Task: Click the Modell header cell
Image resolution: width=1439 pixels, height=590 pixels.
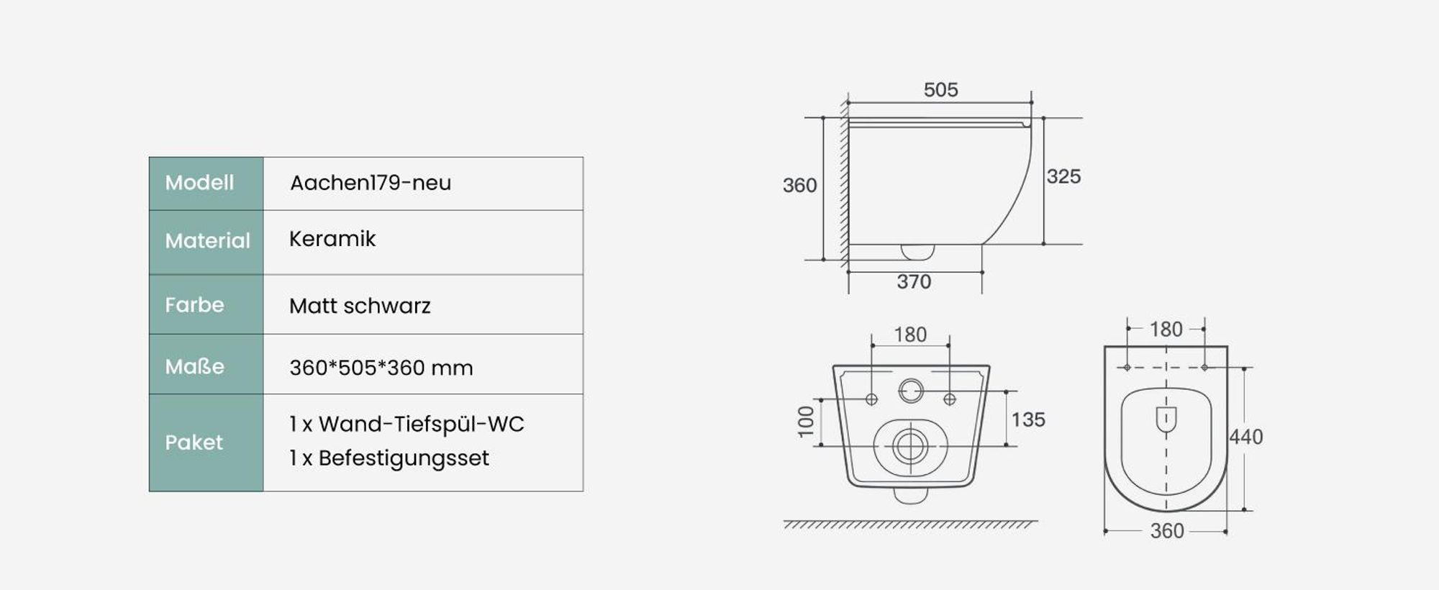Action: click(x=206, y=183)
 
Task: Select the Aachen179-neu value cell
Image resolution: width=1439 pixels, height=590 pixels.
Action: click(x=423, y=183)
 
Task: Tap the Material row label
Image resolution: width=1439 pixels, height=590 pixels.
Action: click(x=207, y=240)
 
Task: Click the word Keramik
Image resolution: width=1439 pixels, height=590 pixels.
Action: click(x=332, y=239)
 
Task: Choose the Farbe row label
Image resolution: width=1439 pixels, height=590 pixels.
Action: click(x=194, y=305)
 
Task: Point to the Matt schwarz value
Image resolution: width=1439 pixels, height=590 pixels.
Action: click(x=360, y=306)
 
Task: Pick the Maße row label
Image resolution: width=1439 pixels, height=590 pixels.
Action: click(x=194, y=366)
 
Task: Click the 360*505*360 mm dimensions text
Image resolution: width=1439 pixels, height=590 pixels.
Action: click(x=381, y=368)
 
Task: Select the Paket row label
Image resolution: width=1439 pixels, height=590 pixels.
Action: click(x=194, y=442)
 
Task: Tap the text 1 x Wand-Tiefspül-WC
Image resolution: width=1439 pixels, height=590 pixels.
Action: click(x=407, y=425)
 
